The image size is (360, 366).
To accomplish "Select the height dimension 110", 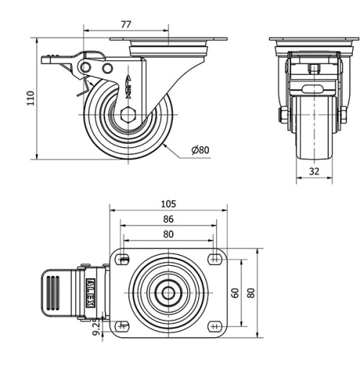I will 30,98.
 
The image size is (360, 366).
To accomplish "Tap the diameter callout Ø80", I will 199,150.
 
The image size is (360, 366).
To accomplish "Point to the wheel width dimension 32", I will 313,171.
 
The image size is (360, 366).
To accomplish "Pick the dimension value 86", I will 168,219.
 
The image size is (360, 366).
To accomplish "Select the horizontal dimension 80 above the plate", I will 168,233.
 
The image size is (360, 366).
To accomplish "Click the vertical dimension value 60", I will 235,293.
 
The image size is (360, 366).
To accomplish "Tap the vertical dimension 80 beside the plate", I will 251,293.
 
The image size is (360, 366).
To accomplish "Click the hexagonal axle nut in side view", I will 127,114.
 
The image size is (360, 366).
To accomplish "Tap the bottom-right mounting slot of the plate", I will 214,326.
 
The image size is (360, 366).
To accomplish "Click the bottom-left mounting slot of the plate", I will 124,326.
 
